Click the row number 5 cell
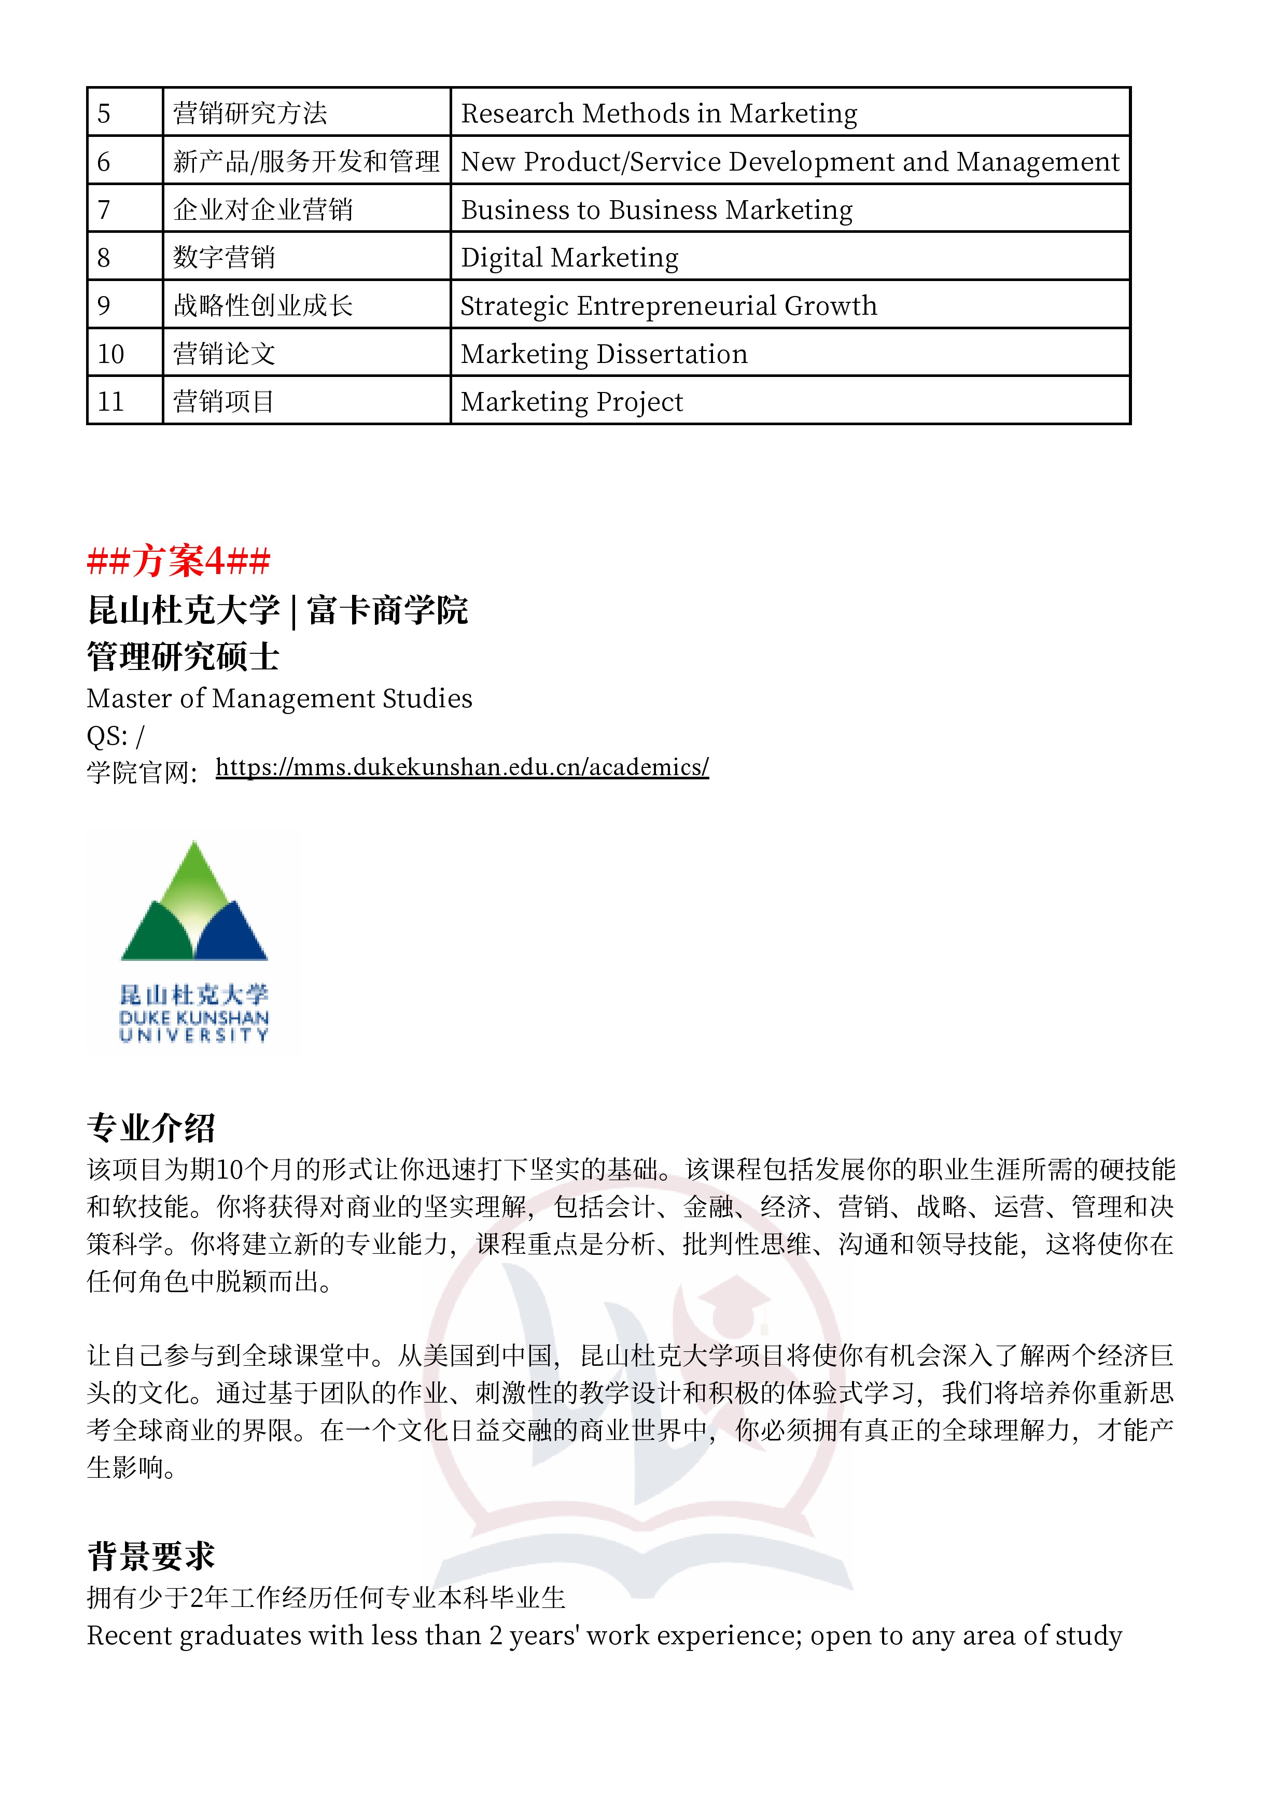(124, 113)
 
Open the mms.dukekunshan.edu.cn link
(462, 767)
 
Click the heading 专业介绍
(151, 1127)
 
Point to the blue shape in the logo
(231, 935)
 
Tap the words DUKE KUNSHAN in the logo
(194, 1017)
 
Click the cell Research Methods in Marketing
(659, 113)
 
